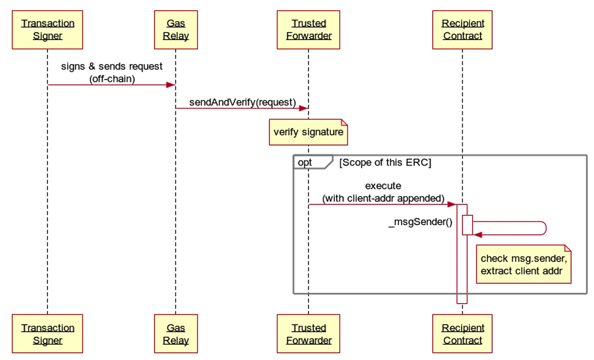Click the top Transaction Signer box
point(47,30)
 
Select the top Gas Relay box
point(176,30)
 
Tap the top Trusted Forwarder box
point(309,30)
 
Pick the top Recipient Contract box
point(462,30)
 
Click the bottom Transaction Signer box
point(47,334)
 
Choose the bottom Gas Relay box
point(176,334)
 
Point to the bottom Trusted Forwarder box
point(309,334)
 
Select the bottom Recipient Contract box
point(462,334)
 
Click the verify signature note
point(309,132)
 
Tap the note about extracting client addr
point(524,264)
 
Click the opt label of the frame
point(305,162)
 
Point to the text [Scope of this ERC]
point(385,162)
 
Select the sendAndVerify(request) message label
point(243,103)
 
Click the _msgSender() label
point(420,222)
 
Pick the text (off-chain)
point(112,79)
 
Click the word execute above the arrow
point(383,186)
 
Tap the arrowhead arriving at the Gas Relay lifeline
point(171,85)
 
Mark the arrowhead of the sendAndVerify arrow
point(303,108)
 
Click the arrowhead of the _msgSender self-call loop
point(478,235)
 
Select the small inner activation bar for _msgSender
point(467,225)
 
